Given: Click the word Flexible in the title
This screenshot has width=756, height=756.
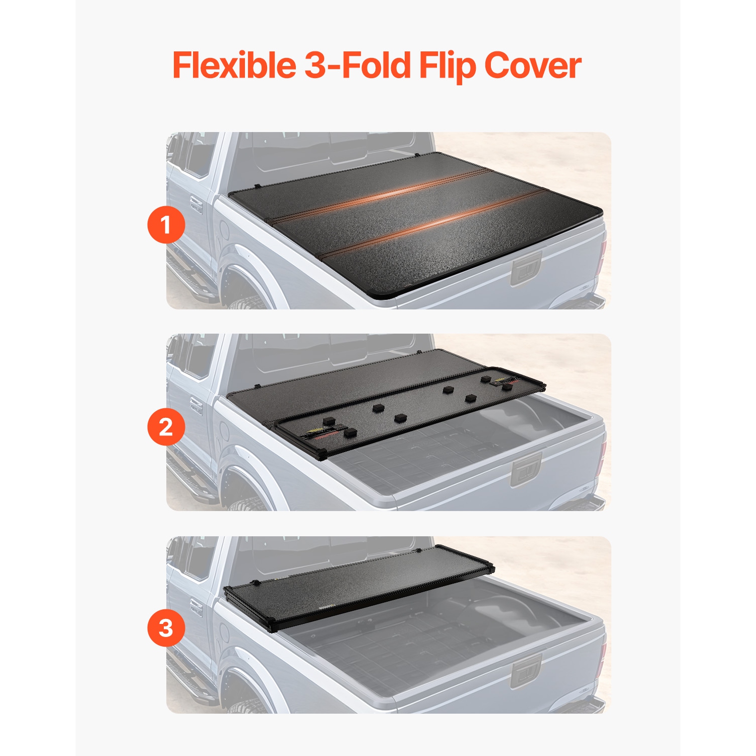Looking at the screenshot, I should point(234,66).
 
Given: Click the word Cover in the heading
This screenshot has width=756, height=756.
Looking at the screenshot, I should point(533,66).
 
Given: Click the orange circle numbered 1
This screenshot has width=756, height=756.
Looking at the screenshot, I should point(166,225).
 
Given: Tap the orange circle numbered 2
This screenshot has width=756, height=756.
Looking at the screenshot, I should point(166,427).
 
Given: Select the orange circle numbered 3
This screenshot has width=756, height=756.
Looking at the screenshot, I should point(166,628).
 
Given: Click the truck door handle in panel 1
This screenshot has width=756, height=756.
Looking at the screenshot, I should point(196,206).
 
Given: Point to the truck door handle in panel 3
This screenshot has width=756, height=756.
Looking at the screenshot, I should point(196,608).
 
